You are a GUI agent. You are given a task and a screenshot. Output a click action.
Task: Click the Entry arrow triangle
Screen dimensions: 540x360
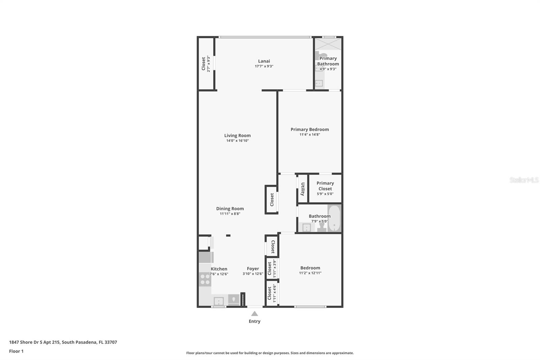[254, 314]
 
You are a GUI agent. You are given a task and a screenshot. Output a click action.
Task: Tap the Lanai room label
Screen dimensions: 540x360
[264, 61]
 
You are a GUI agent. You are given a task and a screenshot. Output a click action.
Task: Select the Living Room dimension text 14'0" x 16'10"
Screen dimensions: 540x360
[238, 141]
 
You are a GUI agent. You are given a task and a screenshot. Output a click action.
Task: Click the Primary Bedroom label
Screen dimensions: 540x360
[310, 129]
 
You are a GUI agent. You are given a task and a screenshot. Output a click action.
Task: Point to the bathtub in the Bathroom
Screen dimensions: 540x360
[334, 218]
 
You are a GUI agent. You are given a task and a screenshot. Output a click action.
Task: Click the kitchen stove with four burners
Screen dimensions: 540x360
[205, 279]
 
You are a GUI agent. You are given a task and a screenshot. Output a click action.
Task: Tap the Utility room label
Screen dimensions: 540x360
[303, 189]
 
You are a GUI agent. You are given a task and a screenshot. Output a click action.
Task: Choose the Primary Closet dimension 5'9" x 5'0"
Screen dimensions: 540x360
[325, 194]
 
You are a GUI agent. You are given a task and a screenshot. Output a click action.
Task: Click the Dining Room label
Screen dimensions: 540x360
[230, 208]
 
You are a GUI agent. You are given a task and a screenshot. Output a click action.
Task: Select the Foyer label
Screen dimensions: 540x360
[253, 268]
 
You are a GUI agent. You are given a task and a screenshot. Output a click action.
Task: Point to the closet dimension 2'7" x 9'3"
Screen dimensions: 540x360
[209, 64]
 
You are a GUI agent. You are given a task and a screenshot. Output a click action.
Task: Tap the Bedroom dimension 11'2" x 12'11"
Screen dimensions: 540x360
[310, 273]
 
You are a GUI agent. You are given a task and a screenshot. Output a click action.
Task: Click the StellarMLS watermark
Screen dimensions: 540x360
[524, 180]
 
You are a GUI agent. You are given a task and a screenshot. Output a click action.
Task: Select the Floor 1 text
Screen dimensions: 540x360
[17, 351]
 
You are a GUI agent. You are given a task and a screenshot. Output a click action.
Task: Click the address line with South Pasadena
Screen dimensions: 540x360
[63, 342]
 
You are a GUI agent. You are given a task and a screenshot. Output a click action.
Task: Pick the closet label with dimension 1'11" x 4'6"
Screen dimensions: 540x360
[270, 293]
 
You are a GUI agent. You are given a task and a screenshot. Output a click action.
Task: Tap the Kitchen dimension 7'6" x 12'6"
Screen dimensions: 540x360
[219, 274]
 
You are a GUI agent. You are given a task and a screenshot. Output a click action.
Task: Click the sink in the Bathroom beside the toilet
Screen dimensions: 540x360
[306, 227]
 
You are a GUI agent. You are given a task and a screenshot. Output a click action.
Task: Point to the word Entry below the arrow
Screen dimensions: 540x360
[254, 321]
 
